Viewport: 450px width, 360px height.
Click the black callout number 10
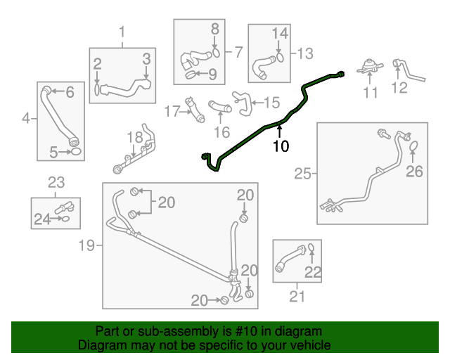coord(281,146)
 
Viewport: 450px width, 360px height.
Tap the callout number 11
coord(371,92)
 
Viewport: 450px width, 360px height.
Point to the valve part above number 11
coord(370,67)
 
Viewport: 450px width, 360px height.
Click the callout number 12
coord(399,88)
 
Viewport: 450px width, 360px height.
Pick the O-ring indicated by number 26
coord(413,146)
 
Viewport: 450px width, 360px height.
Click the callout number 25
coord(302,174)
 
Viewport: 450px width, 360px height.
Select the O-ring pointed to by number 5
coord(75,151)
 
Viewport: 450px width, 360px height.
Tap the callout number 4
coord(26,118)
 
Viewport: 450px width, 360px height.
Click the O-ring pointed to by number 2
coord(97,89)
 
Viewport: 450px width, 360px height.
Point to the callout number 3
coord(147,58)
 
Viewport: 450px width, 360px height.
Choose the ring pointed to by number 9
coord(191,75)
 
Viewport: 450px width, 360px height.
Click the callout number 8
coord(215,29)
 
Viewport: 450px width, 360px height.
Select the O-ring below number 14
coord(280,58)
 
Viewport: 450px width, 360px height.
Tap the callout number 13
coord(304,53)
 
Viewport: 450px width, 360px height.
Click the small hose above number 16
coord(220,106)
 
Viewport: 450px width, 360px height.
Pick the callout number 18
coord(134,137)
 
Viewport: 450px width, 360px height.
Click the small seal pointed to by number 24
coord(65,219)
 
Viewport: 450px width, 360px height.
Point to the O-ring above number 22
coord(311,247)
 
